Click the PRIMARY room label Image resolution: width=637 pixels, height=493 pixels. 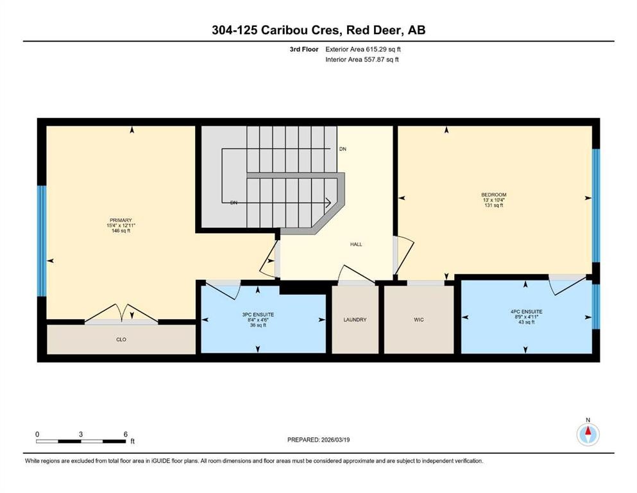pyautogui.click(x=120, y=220)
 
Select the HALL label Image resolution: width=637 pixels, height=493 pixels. pyautogui.click(x=357, y=244)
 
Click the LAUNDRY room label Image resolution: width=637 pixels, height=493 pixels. pyautogui.click(x=355, y=320)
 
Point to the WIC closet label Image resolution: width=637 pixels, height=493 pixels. pyautogui.click(x=419, y=320)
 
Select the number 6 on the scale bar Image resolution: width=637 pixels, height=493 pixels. pyautogui.click(x=126, y=434)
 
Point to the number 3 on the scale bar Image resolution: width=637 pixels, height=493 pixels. pyautogui.click(x=81, y=434)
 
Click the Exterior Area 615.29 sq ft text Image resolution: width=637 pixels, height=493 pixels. pyautogui.click(x=365, y=49)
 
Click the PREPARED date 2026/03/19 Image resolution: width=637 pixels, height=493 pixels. pyautogui.click(x=318, y=440)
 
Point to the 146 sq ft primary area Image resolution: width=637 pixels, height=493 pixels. pyautogui.click(x=120, y=231)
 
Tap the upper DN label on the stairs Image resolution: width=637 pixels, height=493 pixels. pyautogui.click(x=343, y=149)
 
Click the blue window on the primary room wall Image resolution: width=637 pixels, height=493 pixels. pyautogui.click(x=42, y=241)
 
